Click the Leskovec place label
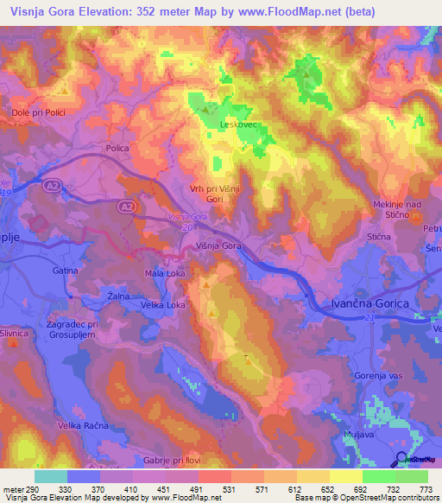[x=236, y=124]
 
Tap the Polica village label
[x=117, y=149]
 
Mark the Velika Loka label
[x=164, y=305]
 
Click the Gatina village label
[x=65, y=271]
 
